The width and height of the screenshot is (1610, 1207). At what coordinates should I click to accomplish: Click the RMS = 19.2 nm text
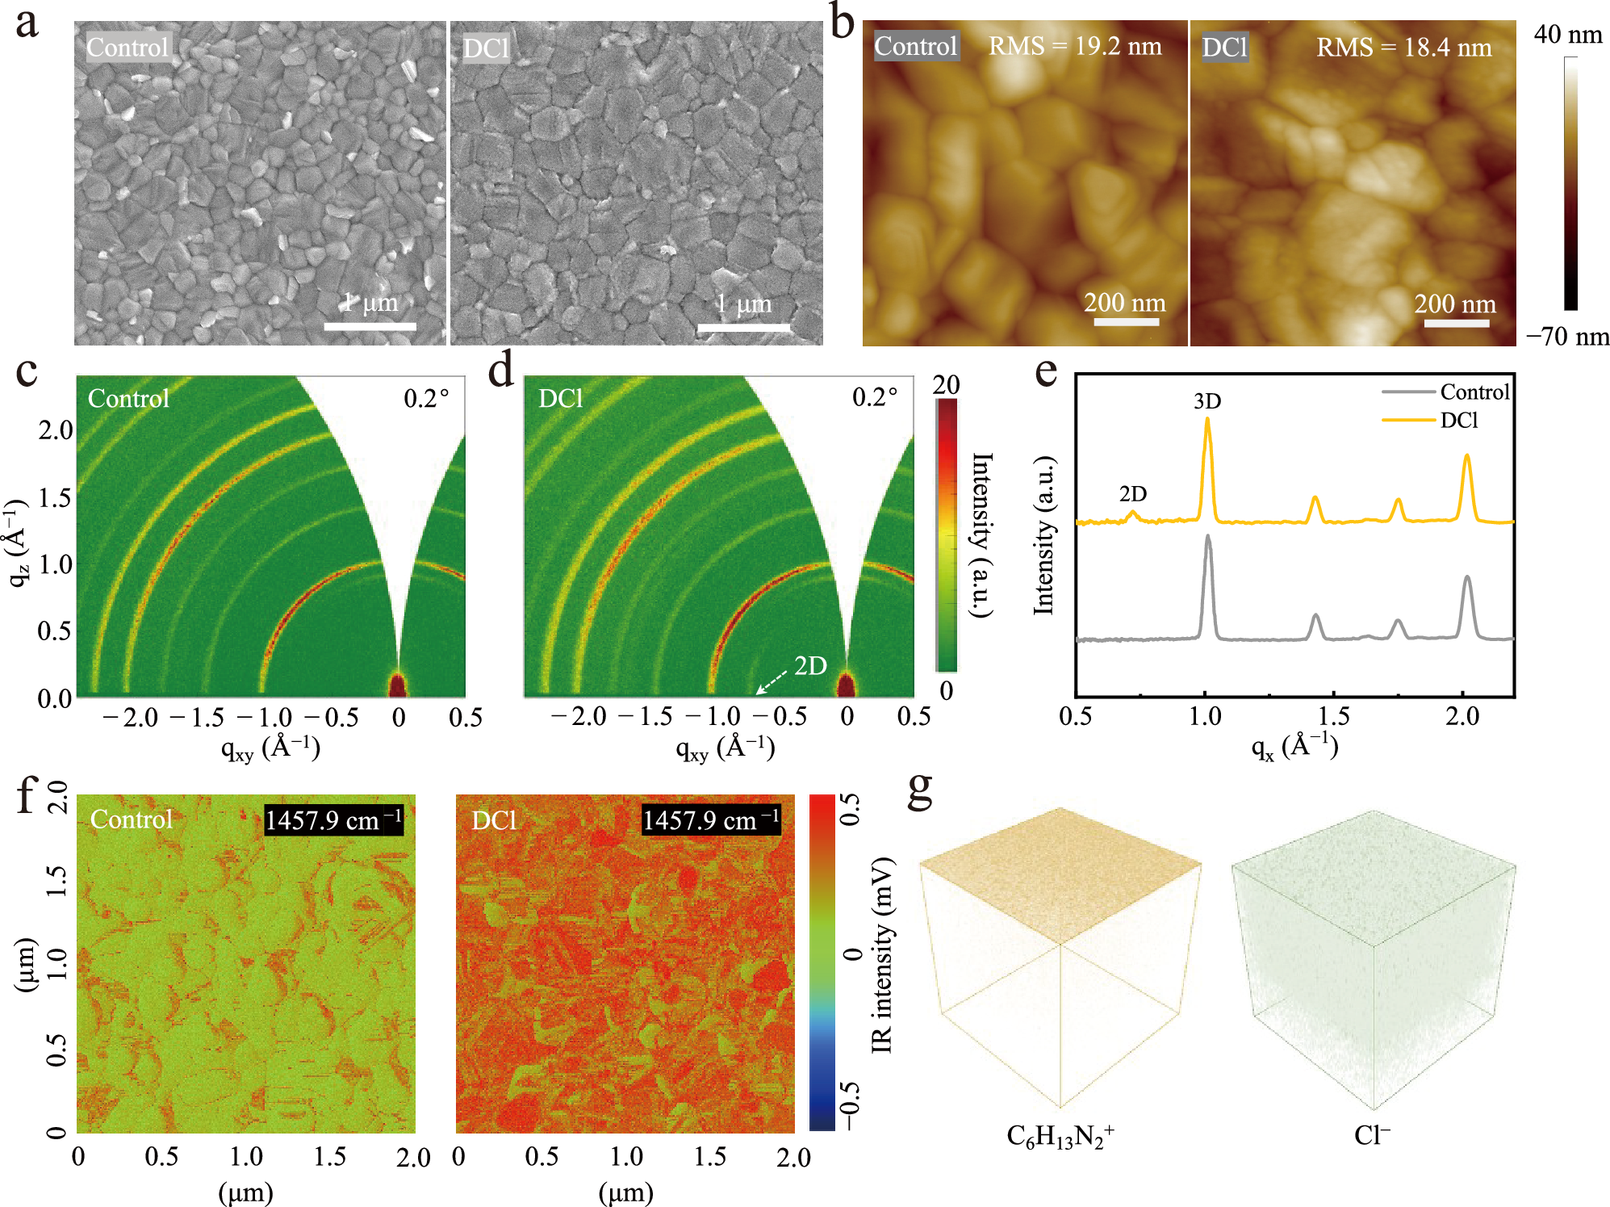1075,46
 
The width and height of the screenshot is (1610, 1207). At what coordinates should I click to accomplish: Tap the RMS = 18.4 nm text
1403,47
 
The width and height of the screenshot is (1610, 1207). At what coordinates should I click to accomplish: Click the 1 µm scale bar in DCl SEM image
743,327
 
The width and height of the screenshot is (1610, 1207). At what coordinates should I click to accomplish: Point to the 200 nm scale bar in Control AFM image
1126,321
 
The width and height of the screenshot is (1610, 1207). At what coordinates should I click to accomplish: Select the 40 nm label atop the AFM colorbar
1567,35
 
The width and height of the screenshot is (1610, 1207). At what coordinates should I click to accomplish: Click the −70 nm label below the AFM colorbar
1567,336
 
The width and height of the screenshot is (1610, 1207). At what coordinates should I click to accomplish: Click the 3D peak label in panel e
1206,400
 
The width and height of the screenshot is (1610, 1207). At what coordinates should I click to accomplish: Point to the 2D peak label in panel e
1132,493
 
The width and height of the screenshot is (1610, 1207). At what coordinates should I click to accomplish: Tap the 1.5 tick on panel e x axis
1333,716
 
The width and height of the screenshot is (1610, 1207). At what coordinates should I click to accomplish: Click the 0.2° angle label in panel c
425,398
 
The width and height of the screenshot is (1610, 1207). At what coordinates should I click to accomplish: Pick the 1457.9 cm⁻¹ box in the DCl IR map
710,820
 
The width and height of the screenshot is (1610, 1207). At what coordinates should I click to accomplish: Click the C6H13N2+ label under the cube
1060,1137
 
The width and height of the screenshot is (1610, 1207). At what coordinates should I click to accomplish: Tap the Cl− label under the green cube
1372,1135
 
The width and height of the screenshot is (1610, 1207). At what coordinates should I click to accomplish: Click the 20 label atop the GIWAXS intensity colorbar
946,384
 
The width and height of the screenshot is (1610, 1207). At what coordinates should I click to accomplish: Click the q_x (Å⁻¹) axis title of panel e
1294,745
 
